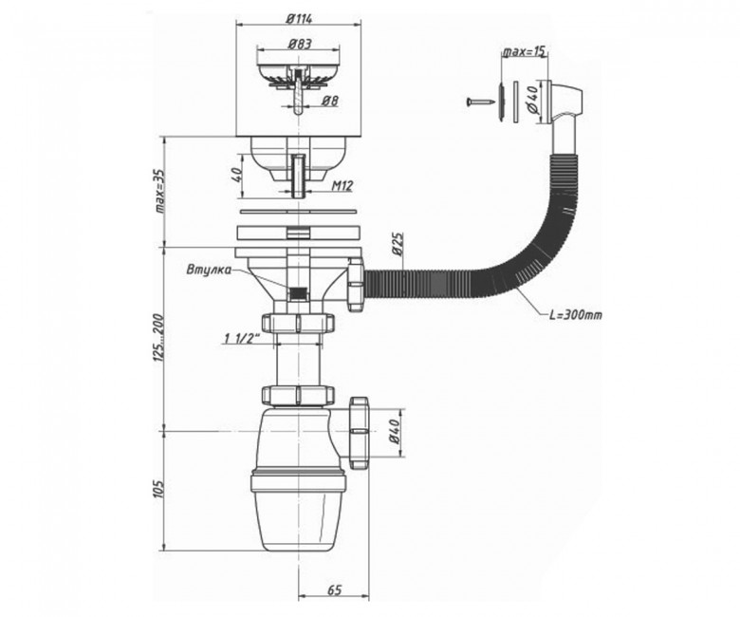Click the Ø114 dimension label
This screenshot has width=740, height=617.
299,18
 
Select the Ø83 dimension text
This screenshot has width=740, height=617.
299,44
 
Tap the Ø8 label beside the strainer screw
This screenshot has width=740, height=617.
330,100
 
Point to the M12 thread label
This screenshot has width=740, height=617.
342,185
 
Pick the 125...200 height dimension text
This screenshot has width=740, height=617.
159,338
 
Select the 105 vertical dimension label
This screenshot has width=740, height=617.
159,489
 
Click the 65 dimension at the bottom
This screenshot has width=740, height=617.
334,589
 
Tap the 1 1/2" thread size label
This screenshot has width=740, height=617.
243,338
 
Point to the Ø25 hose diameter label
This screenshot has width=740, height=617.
397,244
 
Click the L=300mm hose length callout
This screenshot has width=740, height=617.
576,314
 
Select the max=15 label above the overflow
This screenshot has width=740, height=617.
525,51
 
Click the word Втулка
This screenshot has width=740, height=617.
209,270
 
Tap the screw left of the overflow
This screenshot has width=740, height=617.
479,101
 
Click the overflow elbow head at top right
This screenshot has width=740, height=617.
566,102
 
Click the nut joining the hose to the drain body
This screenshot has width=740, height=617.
356,284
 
